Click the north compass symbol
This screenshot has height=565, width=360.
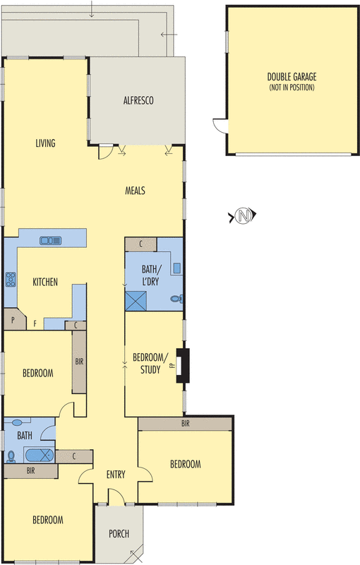[243, 215]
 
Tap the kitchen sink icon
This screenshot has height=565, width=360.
[50, 240]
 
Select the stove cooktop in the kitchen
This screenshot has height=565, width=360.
[11, 279]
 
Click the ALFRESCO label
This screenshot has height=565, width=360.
[138, 100]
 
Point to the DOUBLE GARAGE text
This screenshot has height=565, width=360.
[292, 77]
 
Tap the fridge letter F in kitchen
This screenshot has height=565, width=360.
[35, 323]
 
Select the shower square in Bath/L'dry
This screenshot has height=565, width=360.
[136, 301]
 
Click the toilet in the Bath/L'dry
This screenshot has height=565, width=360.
[176, 299]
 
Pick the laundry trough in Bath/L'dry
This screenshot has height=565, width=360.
[176, 268]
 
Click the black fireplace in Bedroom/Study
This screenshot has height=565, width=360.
[183, 365]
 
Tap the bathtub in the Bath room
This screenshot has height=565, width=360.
[40, 456]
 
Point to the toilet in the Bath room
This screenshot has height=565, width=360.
[11, 457]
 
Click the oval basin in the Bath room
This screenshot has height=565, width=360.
[17, 422]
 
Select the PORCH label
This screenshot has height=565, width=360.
[119, 533]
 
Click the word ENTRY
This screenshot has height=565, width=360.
[116, 475]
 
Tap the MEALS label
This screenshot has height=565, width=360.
[135, 190]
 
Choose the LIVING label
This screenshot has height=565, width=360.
[45, 143]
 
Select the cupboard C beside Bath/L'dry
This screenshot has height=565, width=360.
[140, 244]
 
